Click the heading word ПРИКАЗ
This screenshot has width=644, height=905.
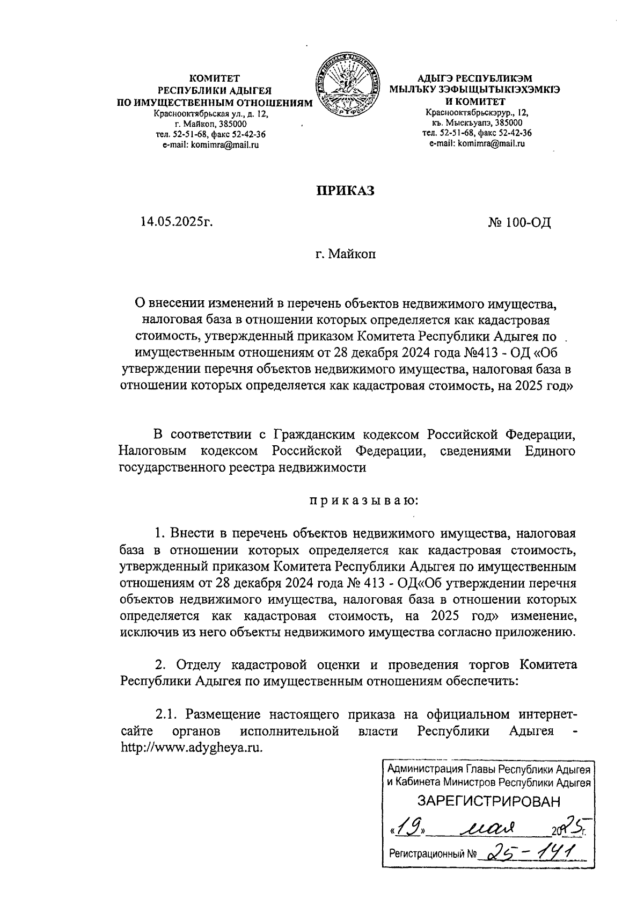343,191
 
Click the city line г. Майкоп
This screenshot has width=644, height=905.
346,253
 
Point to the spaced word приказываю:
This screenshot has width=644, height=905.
363,501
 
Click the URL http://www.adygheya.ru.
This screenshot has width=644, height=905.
193,748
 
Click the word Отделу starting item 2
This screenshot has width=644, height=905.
199,665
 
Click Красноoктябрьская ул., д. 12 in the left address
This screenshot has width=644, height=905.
211,114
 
